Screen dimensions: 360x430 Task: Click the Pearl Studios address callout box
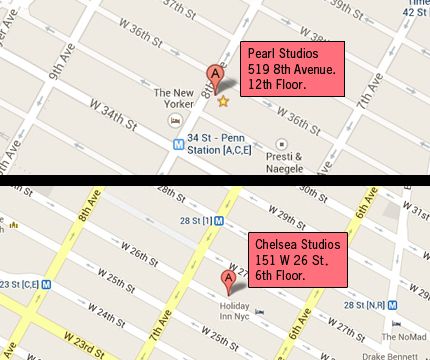click(294, 69)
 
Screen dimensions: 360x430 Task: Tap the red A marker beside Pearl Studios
click(212, 74)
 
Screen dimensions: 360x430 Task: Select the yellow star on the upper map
click(223, 101)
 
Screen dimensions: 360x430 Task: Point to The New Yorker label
click(172, 99)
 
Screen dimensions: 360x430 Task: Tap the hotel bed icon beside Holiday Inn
click(261, 310)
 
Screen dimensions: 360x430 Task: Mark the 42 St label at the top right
click(415, 10)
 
